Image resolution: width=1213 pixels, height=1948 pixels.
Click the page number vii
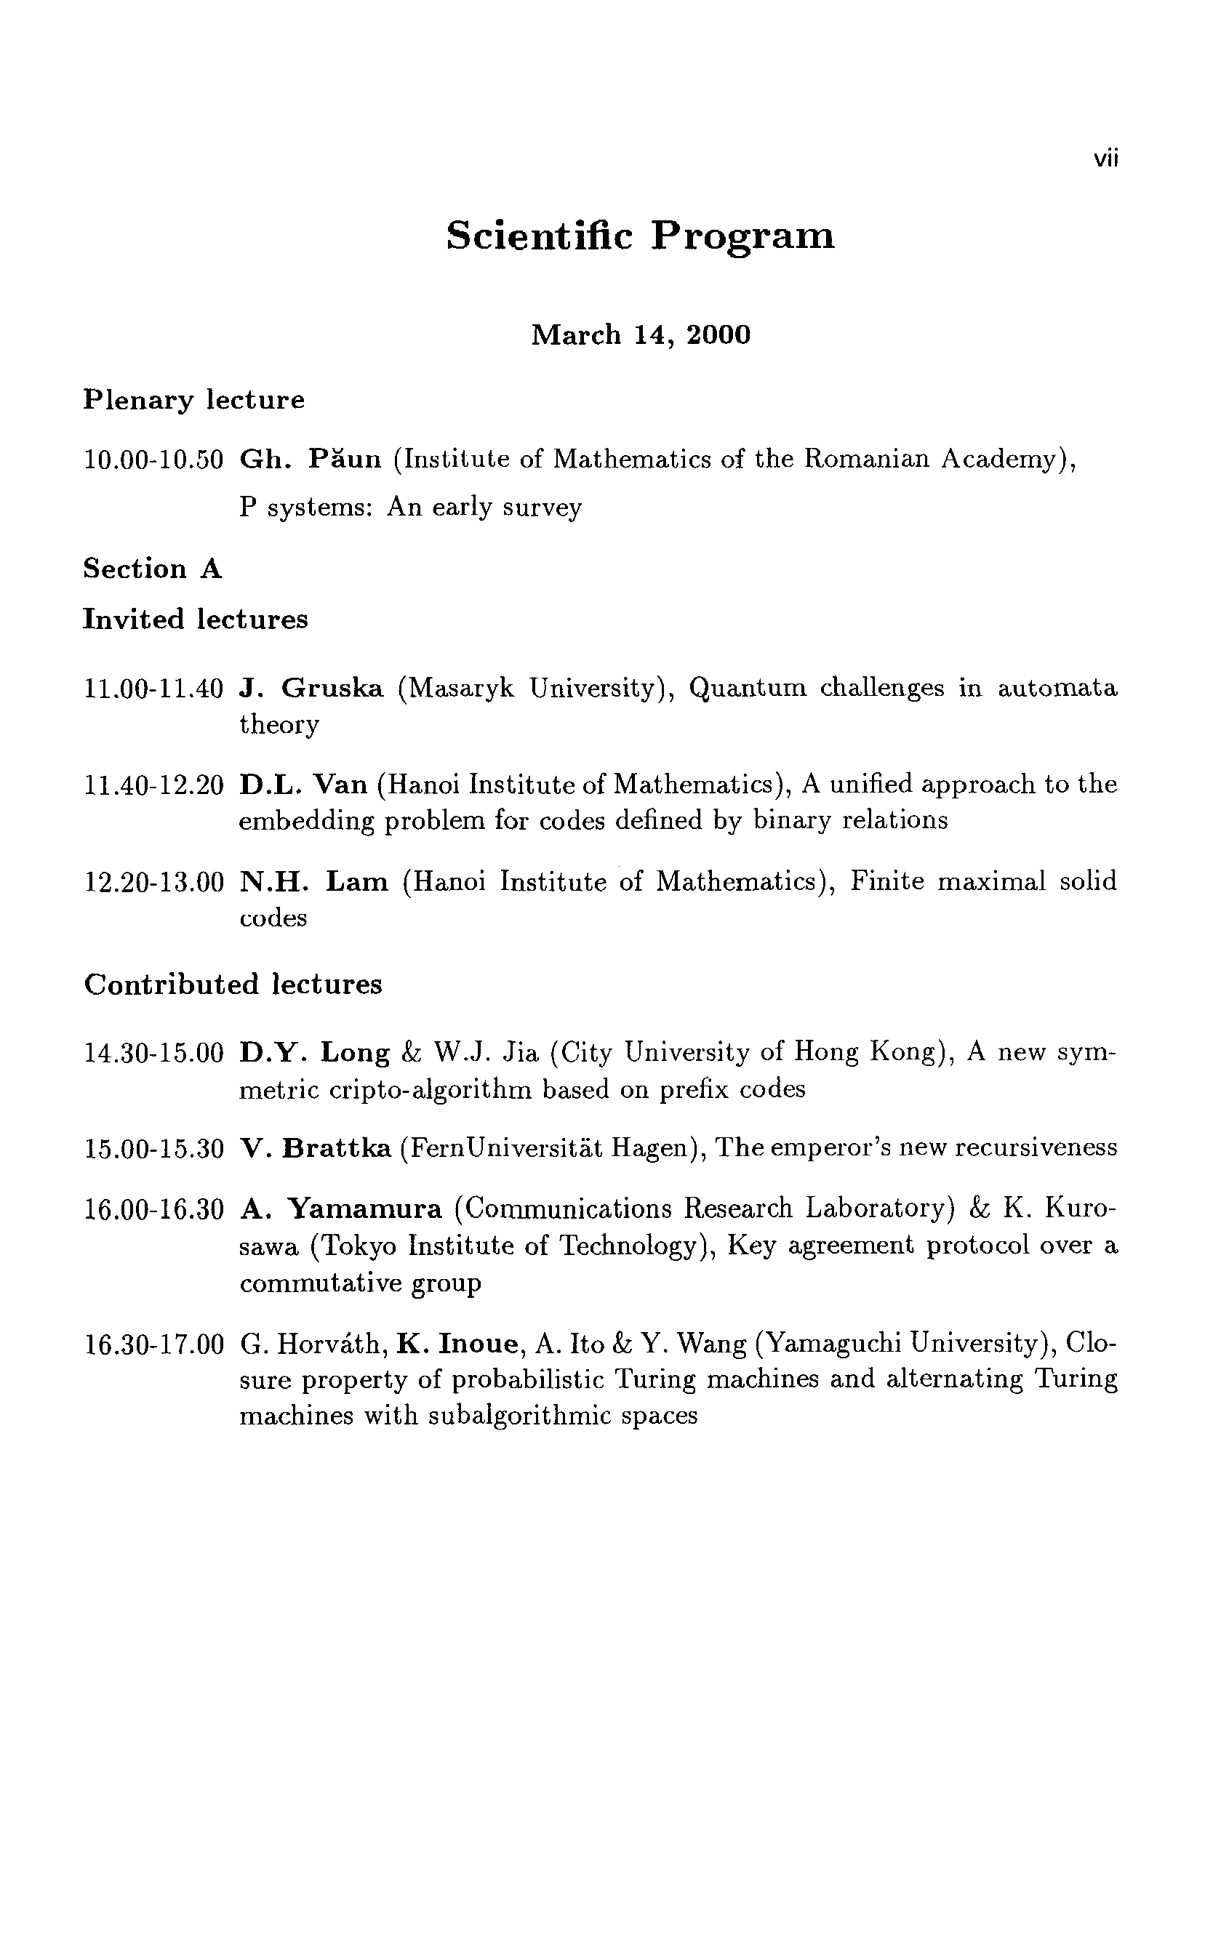(1105, 159)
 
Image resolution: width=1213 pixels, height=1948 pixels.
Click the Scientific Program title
(640, 236)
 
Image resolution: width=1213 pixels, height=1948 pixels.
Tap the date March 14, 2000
(640, 334)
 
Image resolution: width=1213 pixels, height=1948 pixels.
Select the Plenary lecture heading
(194, 399)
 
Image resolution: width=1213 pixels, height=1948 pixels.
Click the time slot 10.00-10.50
(153, 460)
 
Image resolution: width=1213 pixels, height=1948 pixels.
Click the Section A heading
(153, 569)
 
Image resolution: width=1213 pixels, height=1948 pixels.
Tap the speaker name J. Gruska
(311, 688)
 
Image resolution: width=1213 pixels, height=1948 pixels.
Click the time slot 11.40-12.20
(153, 785)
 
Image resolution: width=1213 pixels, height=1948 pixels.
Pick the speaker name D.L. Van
(303, 785)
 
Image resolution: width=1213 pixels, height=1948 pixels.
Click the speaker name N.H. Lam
(313, 882)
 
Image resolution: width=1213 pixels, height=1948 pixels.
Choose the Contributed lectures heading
(233, 984)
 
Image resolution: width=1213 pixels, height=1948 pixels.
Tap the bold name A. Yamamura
(341, 1209)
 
